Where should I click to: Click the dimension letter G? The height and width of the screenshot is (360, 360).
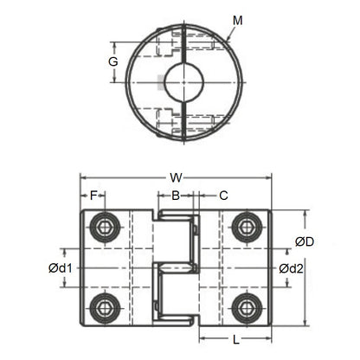click(112, 62)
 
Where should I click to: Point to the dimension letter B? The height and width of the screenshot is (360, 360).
click(176, 196)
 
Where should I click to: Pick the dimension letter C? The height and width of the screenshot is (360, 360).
click(222, 196)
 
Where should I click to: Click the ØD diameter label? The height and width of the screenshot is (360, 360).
click(304, 241)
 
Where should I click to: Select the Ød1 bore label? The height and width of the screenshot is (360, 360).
click(61, 268)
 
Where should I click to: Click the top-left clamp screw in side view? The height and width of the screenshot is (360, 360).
click(106, 228)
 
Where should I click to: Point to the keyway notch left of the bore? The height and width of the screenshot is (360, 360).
click(164, 84)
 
